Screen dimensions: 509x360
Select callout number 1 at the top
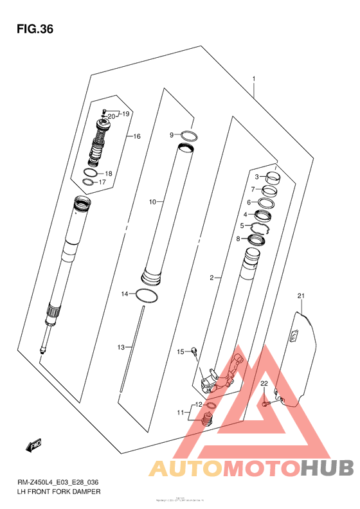pyautogui.click(x=254, y=80)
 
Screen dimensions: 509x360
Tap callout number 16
pyautogui.click(x=136, y=136)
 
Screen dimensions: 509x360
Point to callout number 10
pyautogui.click(x=153, y=202)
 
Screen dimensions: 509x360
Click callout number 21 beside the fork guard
pyautogui.click(x=300, y=296)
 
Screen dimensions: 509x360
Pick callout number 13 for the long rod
pyautogui.click(x=120, y=347)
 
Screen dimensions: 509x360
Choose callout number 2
pyautogui.click(x=211, y=278)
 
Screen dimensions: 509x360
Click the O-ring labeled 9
pyautogui.click(x=188, y=136)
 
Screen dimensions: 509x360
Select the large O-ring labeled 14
pyautogui.click(x=147, y=296)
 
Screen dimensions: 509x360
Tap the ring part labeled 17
pyautogui.click(x=89, y=183)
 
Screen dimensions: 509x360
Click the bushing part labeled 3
pyautogui.click(x=273, y=178)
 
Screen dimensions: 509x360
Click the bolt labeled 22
pyautogui.click(x=265, y=403)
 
